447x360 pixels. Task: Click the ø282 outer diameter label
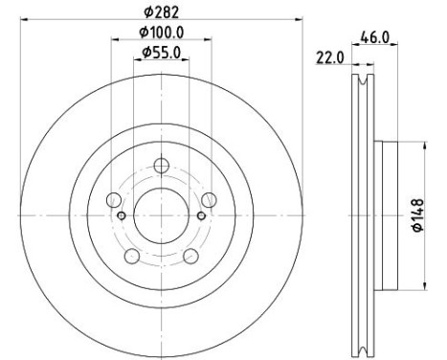click(161, 11)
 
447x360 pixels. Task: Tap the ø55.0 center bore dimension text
click(161, 53)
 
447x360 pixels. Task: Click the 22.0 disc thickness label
click(330, 58)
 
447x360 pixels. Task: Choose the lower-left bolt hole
click(132, 255)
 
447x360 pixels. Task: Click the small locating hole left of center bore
click(121, 215)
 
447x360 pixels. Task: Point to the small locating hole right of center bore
click(200, 215)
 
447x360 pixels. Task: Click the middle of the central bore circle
click(160, 214)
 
